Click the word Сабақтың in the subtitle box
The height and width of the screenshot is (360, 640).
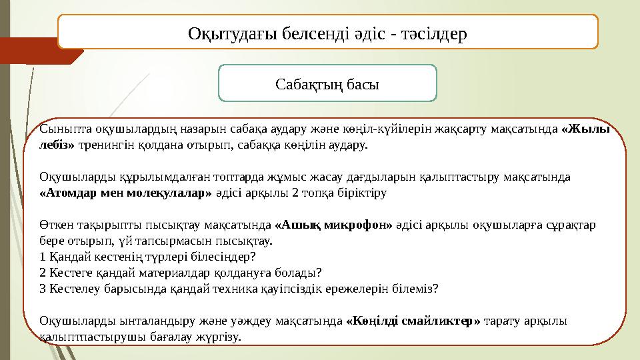311,84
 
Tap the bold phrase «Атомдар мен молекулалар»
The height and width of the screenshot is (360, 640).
125,193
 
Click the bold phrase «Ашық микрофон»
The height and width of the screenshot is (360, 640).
334,225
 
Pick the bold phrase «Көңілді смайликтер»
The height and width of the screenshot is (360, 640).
414,321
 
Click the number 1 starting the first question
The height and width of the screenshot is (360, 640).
43,257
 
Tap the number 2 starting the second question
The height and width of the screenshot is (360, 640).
43,273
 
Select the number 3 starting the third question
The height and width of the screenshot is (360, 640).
43,289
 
